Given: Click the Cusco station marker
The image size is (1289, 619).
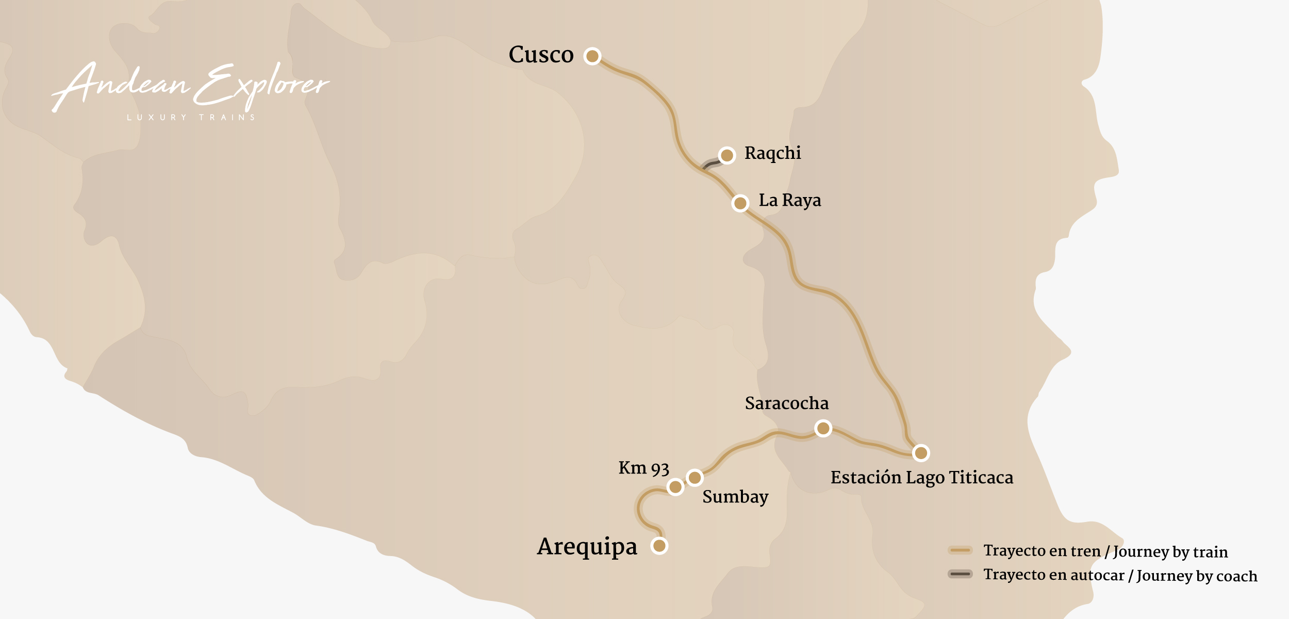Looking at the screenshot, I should pos(592,56).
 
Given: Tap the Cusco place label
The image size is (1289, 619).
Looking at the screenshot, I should pos(541,55).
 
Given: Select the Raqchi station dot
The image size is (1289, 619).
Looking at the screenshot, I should pos(727,155).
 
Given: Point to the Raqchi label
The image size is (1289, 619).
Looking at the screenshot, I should pos(772,153).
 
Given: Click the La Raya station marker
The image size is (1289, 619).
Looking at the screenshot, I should pos(740,203).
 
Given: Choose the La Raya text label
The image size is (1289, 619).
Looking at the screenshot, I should pos(789,200).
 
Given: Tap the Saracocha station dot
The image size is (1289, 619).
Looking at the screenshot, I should pos(823,428).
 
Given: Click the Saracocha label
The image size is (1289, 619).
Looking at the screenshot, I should pos(787,403).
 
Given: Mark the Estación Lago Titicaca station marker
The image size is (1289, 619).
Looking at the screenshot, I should pos(921,453).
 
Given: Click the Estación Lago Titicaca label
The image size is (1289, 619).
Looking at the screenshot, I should pos(922,478).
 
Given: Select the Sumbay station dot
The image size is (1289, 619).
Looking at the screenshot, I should pos(695,478).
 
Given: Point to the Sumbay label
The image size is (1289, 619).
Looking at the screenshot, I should pos(735,497).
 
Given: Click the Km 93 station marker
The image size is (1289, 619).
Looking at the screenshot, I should pos(675,486).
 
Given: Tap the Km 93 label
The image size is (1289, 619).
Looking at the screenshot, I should pos(643,468).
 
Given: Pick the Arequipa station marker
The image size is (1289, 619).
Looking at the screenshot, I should pos(659,545).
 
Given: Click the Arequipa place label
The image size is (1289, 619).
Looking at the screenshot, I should pos(587,546).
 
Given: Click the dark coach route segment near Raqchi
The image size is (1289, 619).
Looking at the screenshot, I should pos(712,164).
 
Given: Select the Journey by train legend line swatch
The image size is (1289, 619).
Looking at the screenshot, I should pos(960,550).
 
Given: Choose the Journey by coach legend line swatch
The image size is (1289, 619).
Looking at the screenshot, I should pos(960,574).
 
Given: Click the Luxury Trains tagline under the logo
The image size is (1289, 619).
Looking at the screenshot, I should pos(191,118).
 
